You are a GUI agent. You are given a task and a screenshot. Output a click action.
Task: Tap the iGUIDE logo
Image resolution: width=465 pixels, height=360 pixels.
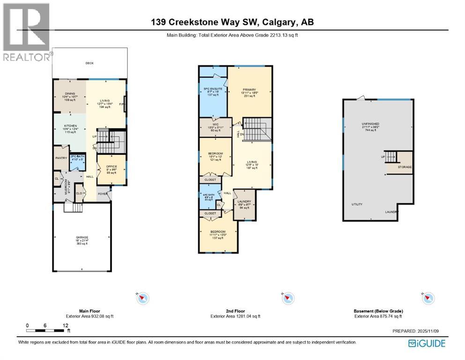[427, 343]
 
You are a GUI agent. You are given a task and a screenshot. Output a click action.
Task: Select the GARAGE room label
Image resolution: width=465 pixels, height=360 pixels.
[82, 238]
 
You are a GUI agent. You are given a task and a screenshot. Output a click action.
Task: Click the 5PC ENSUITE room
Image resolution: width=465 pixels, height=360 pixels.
[212, 89]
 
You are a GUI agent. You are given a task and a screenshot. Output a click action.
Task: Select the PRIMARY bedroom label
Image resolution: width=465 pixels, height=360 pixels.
[249, 90]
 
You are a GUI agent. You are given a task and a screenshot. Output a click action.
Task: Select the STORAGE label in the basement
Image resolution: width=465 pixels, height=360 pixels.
[405, 167]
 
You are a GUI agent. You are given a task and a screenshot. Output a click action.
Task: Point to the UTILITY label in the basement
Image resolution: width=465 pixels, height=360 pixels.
[358, 204]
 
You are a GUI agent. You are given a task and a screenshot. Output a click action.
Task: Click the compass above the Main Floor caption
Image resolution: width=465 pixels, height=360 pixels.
[143, 298]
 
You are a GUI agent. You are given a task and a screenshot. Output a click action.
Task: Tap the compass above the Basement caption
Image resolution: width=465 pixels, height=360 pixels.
[428, 298]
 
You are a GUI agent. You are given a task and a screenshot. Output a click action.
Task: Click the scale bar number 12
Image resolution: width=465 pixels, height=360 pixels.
[65, 325]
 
